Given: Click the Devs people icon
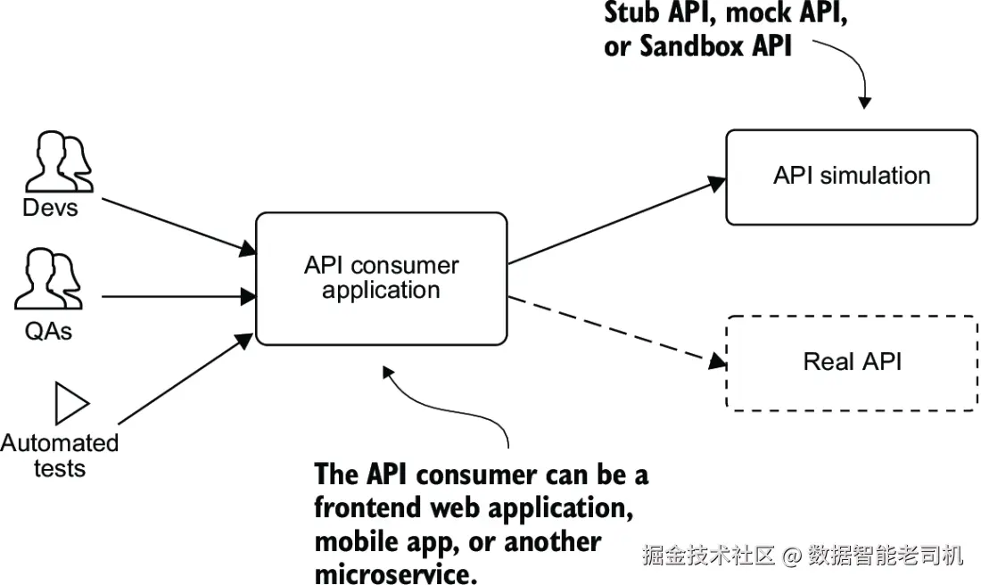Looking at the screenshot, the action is [x=60, y=161].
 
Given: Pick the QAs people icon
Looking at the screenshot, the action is [x=48, y=279].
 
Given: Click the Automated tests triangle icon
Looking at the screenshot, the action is [x=72, y=403].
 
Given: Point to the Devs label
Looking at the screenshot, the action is [x=50, y=208].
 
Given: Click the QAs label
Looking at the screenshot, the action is [x=48, y=330].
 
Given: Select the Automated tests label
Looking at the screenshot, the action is [x=60, y=456].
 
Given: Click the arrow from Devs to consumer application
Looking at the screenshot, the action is [x=179, y=226].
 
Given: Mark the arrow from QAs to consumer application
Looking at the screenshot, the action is [x=179, y=296].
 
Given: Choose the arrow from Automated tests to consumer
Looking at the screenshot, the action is [x=185, y=379].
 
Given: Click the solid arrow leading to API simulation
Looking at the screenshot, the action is [x=617, y=221].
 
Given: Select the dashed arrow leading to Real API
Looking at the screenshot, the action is [x=617, y=330].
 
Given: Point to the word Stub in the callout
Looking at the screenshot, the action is [x=631, y=13].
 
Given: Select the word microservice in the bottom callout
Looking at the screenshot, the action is [x=395, y=573].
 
